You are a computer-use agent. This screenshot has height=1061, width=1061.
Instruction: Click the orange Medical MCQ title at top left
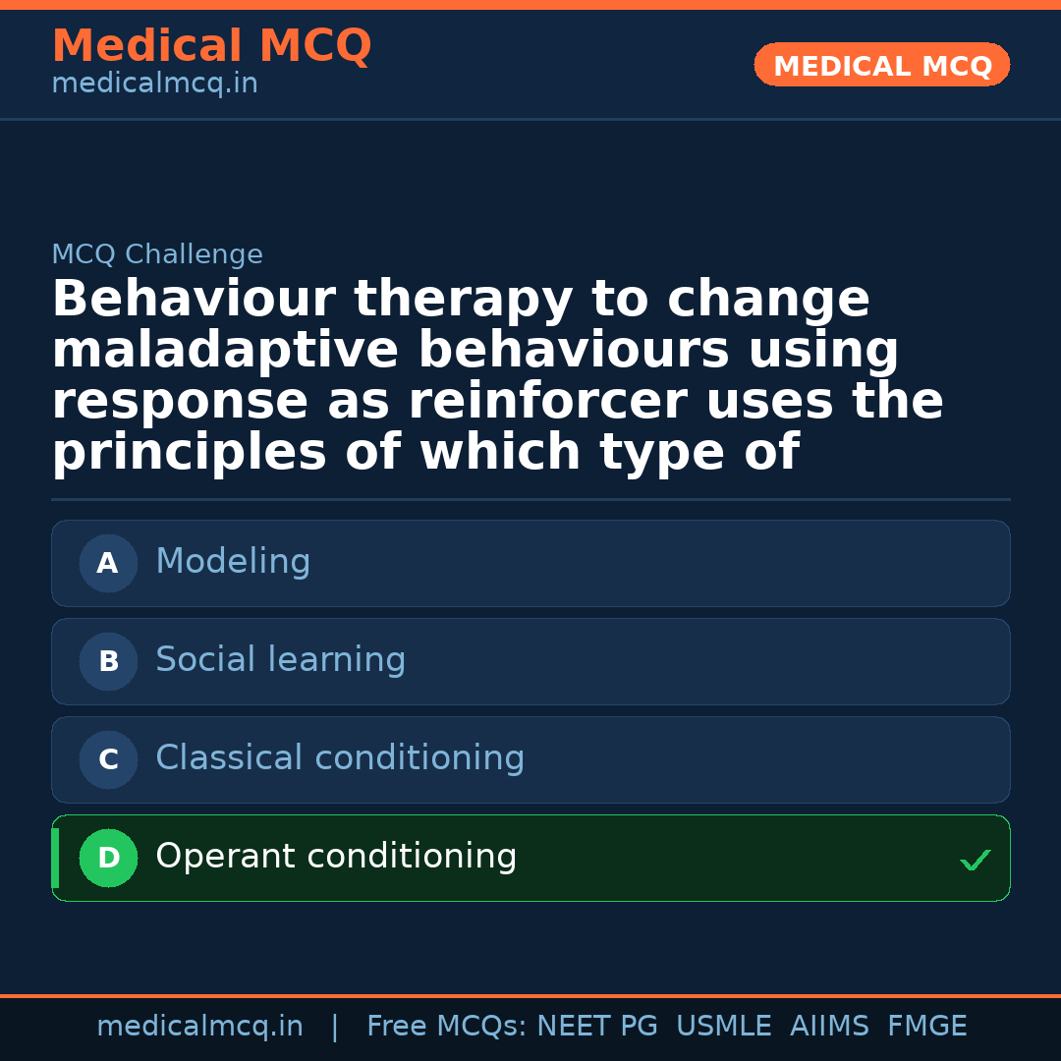click(x=211, y=47)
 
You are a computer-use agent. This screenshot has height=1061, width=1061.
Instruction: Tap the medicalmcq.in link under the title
click(x=154, y=84)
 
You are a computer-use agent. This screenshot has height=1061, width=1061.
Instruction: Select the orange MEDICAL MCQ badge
click(x=882, y=66)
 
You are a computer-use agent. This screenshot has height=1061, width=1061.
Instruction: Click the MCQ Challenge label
click(x=157, y=255)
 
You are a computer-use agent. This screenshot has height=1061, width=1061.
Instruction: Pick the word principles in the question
click(x=188, y=454)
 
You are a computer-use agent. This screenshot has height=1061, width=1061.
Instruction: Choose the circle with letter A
click(x=108, y=564)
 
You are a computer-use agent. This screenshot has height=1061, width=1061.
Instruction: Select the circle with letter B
click(x=108, y=662)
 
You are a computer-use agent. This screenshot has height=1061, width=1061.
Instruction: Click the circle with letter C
click(x=108, y=760)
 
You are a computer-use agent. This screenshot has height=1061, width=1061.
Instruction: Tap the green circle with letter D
click(x=108, y=859)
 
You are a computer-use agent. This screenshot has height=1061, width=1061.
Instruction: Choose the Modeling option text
click(x=233, y=562)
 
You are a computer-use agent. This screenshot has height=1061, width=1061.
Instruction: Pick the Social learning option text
click(x=280, y=660)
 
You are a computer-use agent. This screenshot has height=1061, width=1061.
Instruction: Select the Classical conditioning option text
click(x=340, y=758)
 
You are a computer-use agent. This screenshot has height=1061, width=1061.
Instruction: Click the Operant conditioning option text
click(x=336, y=857)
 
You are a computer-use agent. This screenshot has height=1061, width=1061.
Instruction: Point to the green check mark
click(x=976, y=861)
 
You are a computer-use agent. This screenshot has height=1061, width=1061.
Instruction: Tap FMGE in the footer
click(x=926, y=1027)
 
